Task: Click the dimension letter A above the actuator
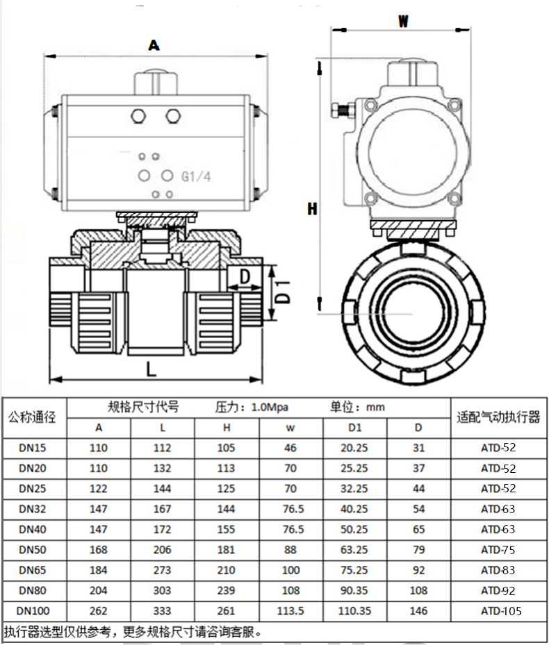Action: (x=154, y=45)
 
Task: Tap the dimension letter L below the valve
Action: (x=151, y=368)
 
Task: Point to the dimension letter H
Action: (x=313, y=208)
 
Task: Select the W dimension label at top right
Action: (x=402, y=21)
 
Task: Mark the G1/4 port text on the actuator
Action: (x=196, y=176)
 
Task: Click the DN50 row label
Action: (x=33, y=549)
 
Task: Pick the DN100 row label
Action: (x=33, y=611)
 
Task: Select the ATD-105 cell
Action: (x=500, y=611)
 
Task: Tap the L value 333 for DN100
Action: (x=161, y=611)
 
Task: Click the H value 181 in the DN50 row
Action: (x=226, y=549)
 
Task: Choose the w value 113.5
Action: (x=290, y=611)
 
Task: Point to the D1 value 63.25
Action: (x=354, y=549)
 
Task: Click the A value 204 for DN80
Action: (x=99, y=590)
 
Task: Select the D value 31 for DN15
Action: (x=418, y=448)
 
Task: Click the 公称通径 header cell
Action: (x=33, y=417)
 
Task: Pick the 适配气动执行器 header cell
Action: (x=498, y=417)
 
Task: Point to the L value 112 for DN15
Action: (x=161, y=448)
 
